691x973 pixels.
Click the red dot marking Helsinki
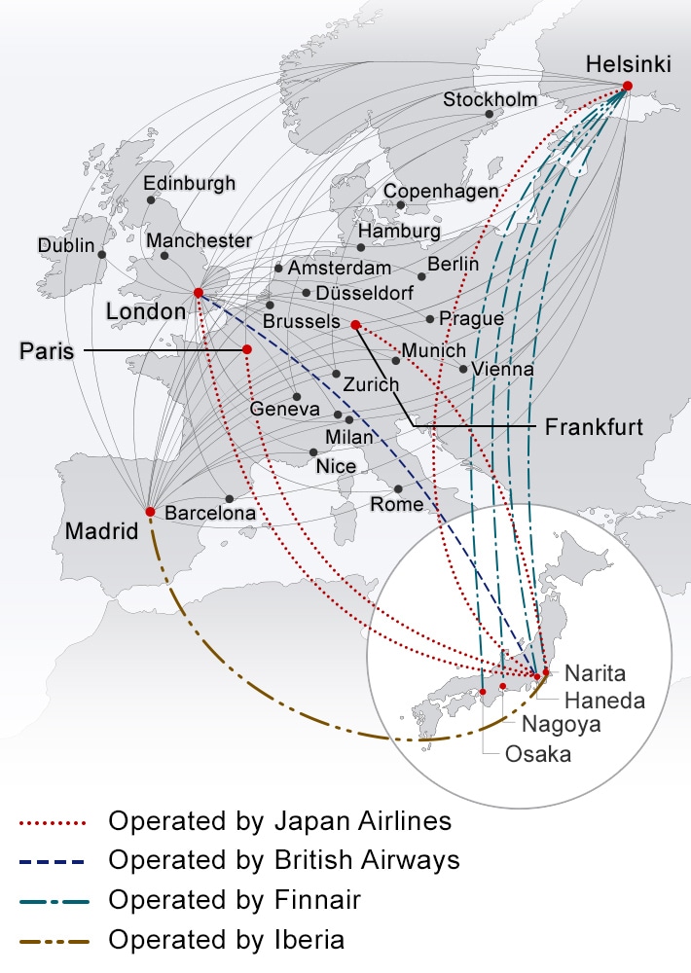pos(627,87)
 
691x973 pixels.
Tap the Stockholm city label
pos(491,99)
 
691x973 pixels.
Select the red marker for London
pos(199,293)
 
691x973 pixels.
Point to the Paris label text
pos(47,351)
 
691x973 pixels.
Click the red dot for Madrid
pos(150,512)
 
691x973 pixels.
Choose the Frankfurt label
pos(594,427)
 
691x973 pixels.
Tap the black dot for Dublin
pos(102,255)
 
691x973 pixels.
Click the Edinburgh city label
pos(190,183)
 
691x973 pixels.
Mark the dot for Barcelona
pos(230,499)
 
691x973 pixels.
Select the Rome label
pos(397,504)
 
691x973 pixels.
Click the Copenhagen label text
pos(441,192)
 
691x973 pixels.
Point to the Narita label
pos(595,673)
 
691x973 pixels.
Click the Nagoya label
pos(561,724)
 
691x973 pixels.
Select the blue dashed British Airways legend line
pos(54,861)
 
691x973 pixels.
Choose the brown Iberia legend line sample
pos(54,941)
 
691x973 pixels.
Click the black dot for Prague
pos(430,319)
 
